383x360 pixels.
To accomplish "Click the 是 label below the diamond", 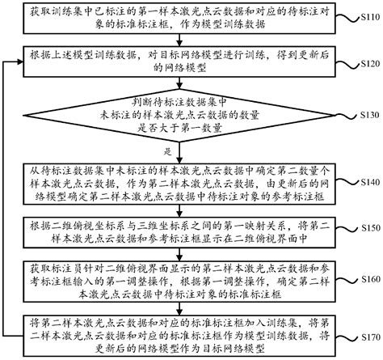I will pyautogui.click(x=167, y=151).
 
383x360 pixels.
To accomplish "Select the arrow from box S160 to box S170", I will pyautogui.click(x=190, y=308).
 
